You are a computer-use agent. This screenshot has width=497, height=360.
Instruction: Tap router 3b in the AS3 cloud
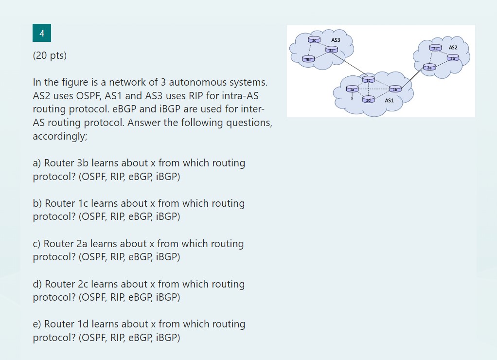307,59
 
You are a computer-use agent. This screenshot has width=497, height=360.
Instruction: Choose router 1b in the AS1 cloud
395,89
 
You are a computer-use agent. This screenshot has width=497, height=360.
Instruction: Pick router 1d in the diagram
368,99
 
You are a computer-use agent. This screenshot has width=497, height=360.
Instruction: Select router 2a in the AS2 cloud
429,67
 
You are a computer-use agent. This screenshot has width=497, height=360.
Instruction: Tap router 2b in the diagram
453,58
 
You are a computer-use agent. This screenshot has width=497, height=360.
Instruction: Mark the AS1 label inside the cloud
389,101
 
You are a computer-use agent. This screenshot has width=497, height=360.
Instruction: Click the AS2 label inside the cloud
453,48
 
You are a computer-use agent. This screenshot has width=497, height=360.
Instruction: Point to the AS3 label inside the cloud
336,39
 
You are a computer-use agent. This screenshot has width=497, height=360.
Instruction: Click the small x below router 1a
352,97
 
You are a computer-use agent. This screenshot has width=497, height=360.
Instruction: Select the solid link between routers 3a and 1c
350,64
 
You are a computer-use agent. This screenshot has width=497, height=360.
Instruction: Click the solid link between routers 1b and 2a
412,78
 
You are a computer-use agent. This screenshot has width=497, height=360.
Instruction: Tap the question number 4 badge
42,34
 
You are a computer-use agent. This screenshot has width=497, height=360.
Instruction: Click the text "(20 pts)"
50,55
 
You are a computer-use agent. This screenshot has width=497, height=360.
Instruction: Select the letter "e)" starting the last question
37,324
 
